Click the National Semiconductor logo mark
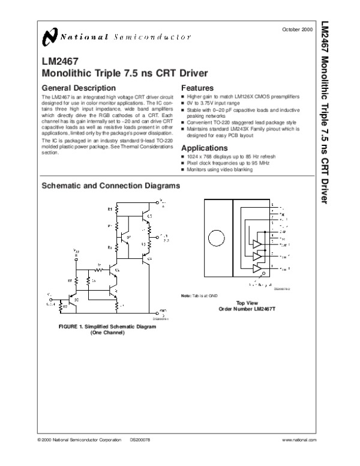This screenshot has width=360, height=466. [x=49, y=38]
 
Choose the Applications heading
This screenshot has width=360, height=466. [x=207, y=148]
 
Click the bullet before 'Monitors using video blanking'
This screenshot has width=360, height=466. [x=183, y=170]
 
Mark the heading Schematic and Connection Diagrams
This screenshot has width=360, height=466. [x=110, y=187]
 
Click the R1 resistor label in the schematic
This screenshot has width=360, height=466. [x=110, y=210]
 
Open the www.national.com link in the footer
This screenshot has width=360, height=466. [x=299, y=440]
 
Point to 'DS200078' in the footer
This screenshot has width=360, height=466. [x=140, y=440]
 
